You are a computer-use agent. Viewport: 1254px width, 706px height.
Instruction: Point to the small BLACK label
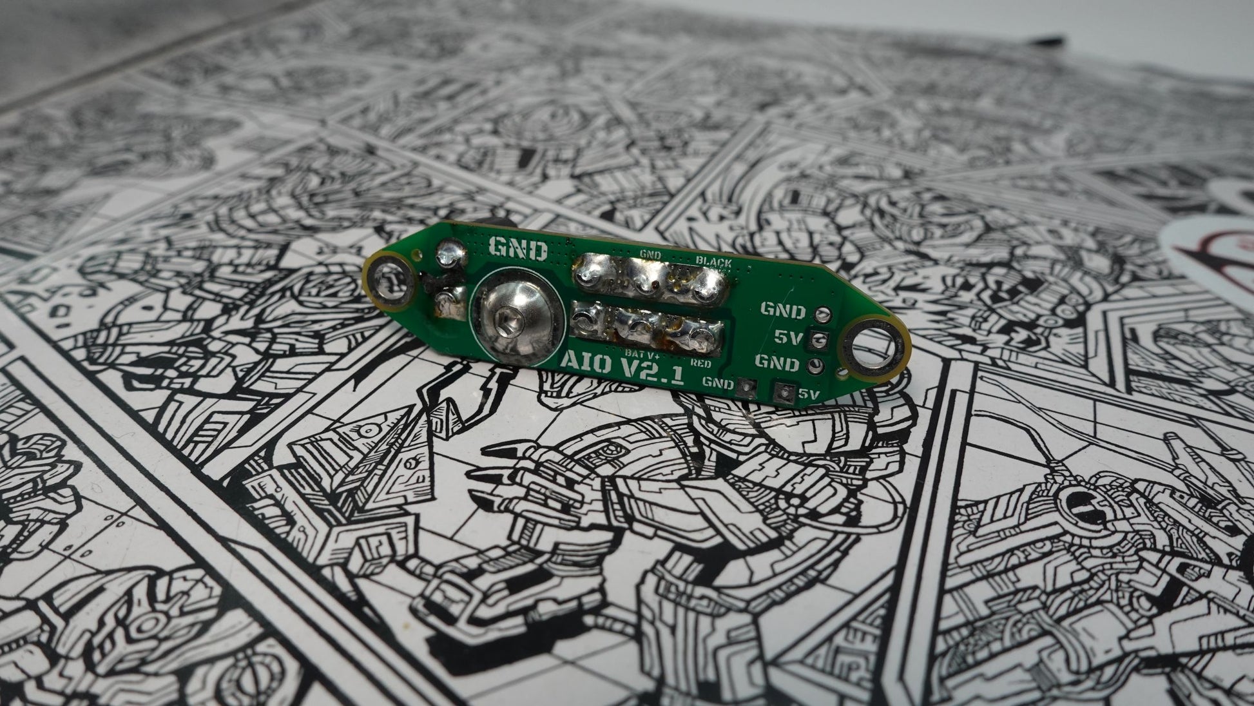[713, 262]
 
